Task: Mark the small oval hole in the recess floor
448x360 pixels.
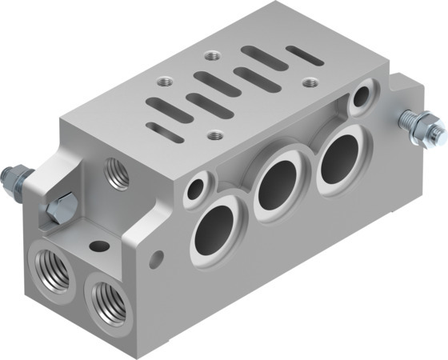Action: (99, 246)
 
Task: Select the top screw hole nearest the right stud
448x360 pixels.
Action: (310, 81)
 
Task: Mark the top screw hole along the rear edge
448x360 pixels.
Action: (212, 56)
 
